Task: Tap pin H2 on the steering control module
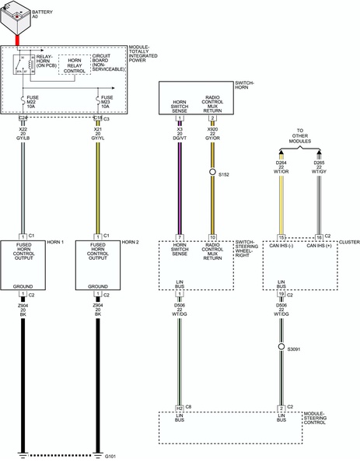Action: [x=180, y=408]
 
